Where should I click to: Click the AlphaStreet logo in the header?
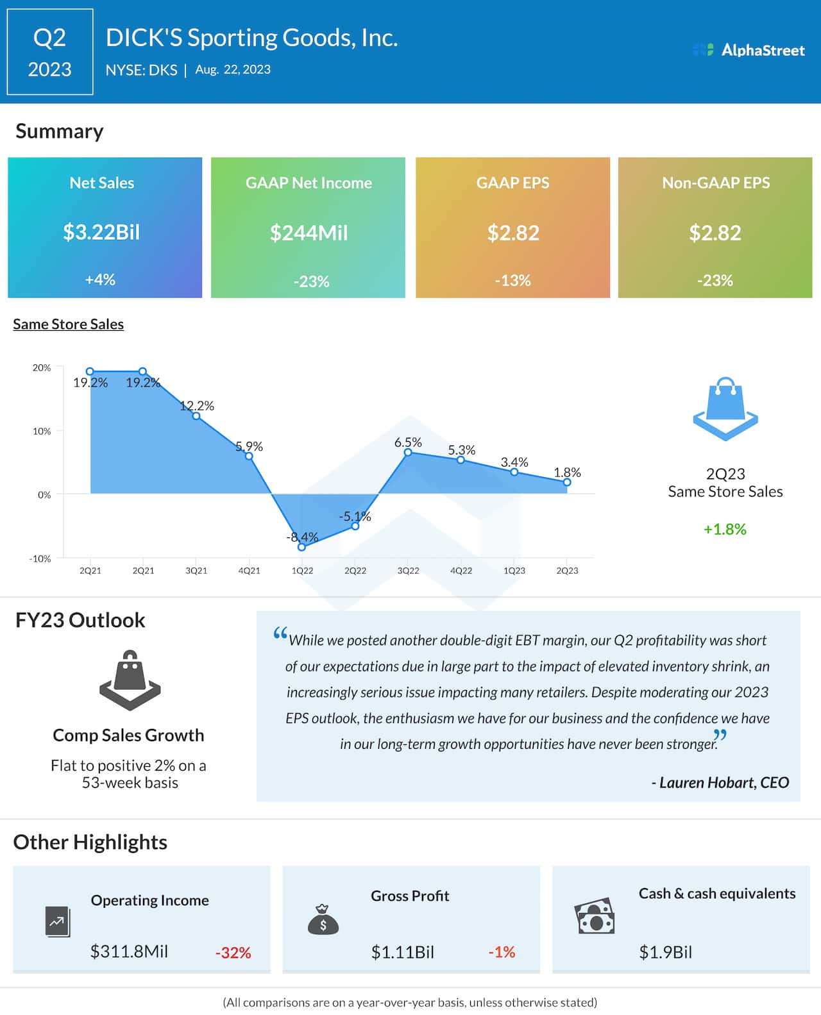pyautogui.click(x=749, y=50)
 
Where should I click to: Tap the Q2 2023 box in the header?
pyautogui.click(x=50, y=52)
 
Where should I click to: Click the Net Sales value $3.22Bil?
pyautogui.click(x=101, y=232)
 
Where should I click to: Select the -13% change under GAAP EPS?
pyautogui.click(x=512, y=280)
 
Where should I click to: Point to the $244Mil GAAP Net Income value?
pyautogui.click(x=309, y=233)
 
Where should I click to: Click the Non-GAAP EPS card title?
pyautogui.click(x=715, y=183)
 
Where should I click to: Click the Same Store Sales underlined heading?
pyautogui.click(x=68, y=324)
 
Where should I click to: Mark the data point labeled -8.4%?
pyautogui.click(x=302, y=547)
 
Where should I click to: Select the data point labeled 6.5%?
pyautogui.click(x=408, y=453)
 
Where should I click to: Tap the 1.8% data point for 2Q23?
pyautogui.click(x=567, y=482)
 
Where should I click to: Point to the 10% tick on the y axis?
pyautogui.click(x=42, y=431)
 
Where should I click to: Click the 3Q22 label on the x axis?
pyautogui.click(x=408, y=571)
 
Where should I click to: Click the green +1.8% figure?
pyautogui.click(x=725, y=529)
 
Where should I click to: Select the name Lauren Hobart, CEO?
pyautogui.click(x=720, y=782)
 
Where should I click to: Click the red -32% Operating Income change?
pyautogui.click(x=233, y=953)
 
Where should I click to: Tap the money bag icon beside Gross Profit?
pyautogui.click(x=323, y=919)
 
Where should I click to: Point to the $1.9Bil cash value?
pyautogui.click(x=665, y=952)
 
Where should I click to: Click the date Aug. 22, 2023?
pyautogui.click(x=233, y=69)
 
